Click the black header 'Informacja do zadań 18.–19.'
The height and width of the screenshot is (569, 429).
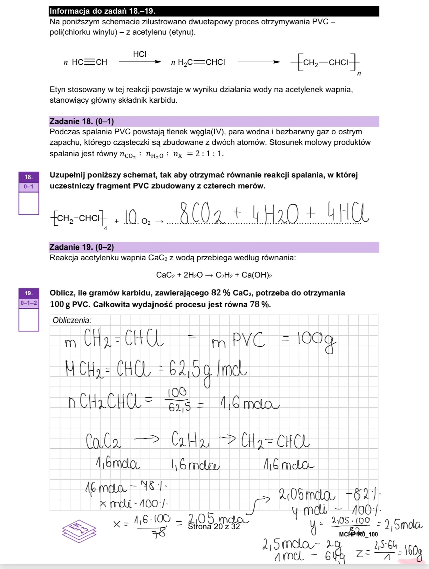102,11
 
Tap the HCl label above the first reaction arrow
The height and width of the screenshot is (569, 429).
139,54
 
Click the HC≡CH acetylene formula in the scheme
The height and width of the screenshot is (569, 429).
89,62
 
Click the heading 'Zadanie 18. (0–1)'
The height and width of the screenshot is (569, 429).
81,121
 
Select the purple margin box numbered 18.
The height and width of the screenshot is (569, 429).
29,177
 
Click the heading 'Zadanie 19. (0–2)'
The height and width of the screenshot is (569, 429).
81,247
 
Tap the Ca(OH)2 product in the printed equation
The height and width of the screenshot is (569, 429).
256,275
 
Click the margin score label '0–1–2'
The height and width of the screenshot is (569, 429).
29,303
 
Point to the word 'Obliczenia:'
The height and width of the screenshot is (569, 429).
72,320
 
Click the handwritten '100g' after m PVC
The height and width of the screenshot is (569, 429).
316,340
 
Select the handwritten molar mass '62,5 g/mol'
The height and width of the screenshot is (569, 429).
208,370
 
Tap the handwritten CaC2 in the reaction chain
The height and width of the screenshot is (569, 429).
104,441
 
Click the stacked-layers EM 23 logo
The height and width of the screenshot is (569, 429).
79,530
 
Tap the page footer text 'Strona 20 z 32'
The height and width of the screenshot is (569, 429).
214,527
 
